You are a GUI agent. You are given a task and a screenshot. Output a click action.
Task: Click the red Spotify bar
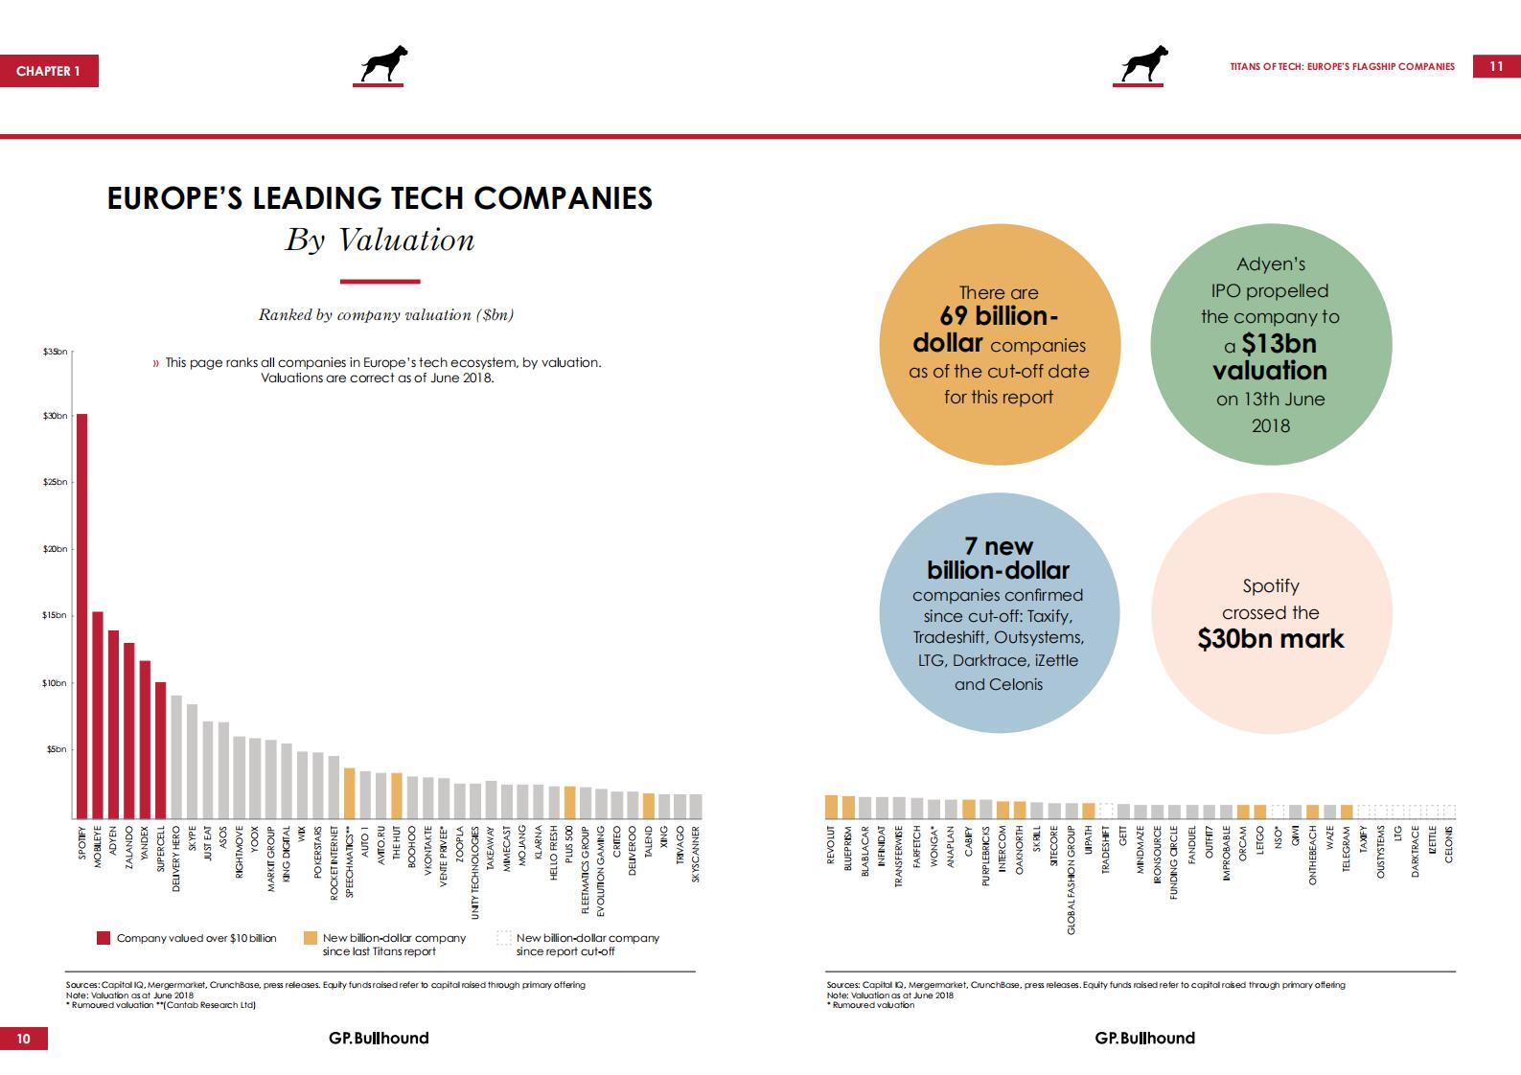coord(82,613)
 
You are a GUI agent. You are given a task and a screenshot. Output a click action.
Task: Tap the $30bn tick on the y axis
coord(56,416)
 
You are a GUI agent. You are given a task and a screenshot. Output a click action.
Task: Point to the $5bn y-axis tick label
coord(56,749)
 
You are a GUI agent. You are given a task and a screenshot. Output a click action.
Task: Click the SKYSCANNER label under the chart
coord(696,854)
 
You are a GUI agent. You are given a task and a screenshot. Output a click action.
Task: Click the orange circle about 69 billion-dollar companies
coord(999,346)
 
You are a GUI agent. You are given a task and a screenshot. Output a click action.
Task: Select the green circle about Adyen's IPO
coord(1270,346)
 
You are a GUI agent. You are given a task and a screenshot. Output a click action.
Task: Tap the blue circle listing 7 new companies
coord(997,614)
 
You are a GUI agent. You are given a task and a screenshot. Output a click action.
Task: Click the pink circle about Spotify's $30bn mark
coord(1270,614)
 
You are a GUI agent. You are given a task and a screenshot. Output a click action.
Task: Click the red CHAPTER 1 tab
coord(49,71)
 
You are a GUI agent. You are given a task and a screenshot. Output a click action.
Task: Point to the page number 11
coord(1496,66)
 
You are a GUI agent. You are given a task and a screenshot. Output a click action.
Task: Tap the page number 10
coord(24,1038)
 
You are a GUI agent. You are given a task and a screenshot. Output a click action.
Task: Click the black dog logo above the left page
coord(383,65)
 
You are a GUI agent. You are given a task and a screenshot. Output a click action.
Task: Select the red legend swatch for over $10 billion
coord(104,938)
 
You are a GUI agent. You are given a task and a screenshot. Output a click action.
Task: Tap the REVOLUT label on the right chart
coord(831,846)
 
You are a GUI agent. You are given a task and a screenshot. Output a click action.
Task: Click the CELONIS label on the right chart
coord(1449,844)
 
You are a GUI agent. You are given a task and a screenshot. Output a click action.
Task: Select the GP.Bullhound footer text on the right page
coord(1145,1038)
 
